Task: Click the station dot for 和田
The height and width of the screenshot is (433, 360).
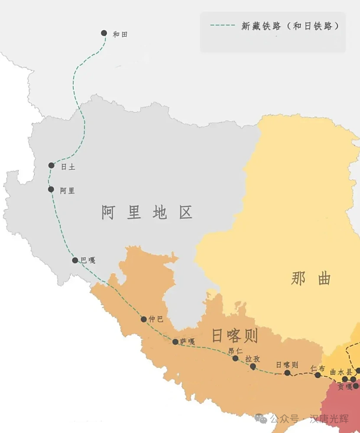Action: pyautogui.click(x=104, y=33)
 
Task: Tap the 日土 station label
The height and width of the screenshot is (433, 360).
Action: pyautogui.click(x=68, y=166)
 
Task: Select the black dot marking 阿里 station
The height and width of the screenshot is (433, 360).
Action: pyautogui.click(x=51, y=189)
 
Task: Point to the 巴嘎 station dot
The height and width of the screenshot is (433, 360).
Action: pyautogui.click(x=75, y=260)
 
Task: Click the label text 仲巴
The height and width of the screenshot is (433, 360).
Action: pyautogui.click(x=156, y=319)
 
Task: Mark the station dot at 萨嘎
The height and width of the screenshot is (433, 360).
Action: pyautogui.click(x=175, y=342)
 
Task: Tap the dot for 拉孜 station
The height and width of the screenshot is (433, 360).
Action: pyautogui.click(x=253, y=367)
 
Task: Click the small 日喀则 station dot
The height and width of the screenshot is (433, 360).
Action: pyautogui.click(x=287, y=373)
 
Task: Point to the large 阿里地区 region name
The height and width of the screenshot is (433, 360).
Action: pyautogui.click(x=147, y=213)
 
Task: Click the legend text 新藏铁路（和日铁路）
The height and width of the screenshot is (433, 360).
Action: pyautogui.click(x=290, y=26)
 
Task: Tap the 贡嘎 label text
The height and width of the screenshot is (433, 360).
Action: pyautogui.click(x=345, y=387)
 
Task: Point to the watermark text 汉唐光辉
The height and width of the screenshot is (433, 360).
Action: pyautogui.click(x=330, y=419)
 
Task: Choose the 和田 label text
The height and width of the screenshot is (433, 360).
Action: pyautogui.click(x=120, y=34)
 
